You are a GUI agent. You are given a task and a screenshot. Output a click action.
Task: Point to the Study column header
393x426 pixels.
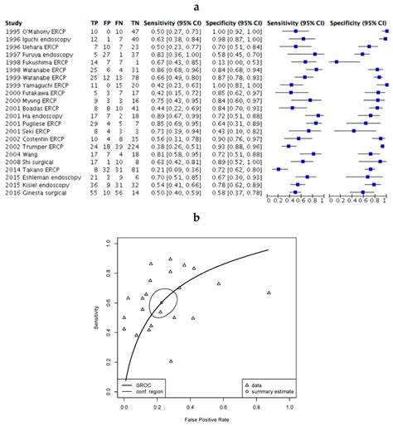tap(14, 20)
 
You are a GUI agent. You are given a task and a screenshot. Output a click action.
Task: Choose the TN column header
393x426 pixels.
tap(133, 20)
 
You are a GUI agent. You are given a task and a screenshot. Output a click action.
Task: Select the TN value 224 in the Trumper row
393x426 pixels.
tap(133, 145)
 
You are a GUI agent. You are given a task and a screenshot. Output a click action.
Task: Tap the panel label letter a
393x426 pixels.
tap(196, 6)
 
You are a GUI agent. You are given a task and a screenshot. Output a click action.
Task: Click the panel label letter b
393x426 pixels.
tap(196, 218)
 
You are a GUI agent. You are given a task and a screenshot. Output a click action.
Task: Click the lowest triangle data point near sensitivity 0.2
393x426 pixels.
tap(171, 361)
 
